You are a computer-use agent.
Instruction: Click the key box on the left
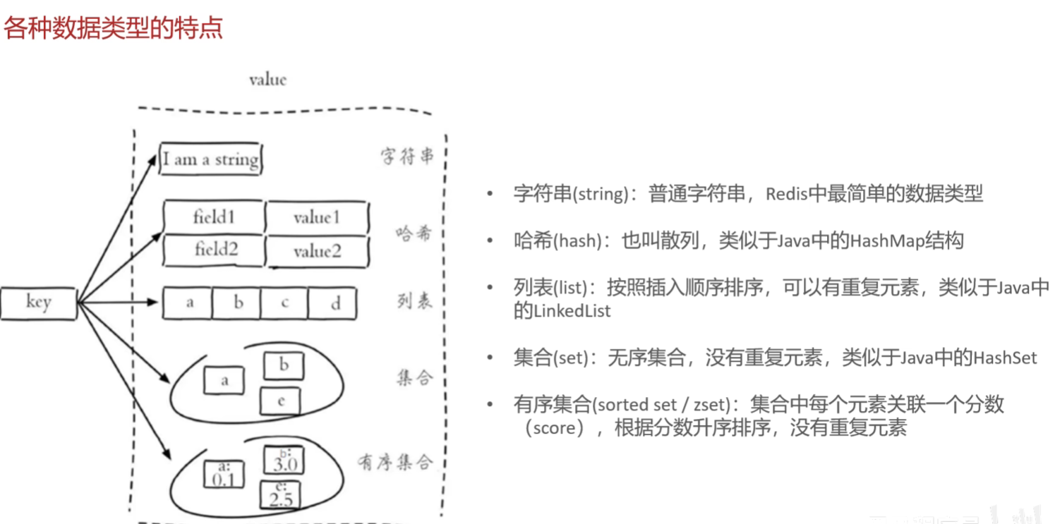(x=37, y=303)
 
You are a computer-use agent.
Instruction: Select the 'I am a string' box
(x=210, y=159)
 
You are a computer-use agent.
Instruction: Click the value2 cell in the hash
(x=317, y=251)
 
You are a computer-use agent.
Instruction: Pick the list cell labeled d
(x=334, y=304)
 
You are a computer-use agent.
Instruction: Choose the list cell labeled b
(x=237, y=304)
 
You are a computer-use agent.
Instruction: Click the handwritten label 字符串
(x=407, y=157)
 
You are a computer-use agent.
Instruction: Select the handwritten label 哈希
(x=413, y=233)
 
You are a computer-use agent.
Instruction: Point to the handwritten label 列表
(x=414, y=303)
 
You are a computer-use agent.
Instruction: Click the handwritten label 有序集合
(x=394, y=462)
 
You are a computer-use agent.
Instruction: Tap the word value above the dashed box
(x=267, y=80)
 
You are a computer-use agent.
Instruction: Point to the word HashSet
(x=1005, y=358)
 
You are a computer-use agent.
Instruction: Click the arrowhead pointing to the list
(x=151, y=303)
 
